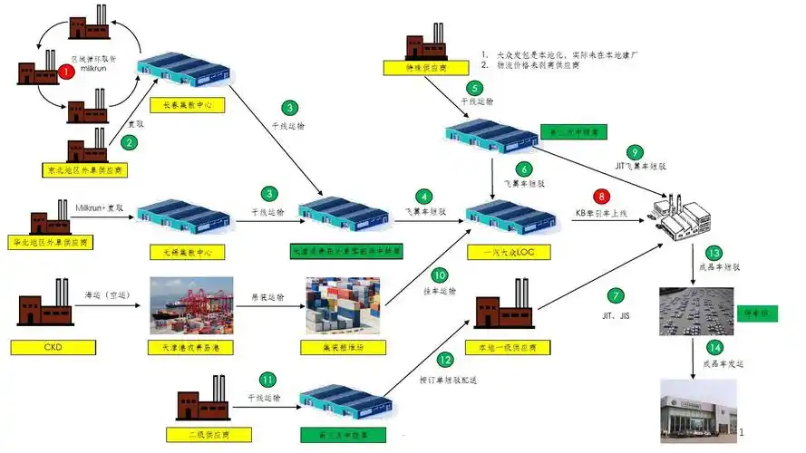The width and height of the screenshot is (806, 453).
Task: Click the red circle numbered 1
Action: pos(65,71)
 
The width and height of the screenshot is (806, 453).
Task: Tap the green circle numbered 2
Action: pos(129,141)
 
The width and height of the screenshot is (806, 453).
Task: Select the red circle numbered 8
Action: pos(600,196)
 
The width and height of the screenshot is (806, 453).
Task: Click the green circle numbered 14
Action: pos(714,348)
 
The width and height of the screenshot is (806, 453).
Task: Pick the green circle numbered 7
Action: pos(616,295)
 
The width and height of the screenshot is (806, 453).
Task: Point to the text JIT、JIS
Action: pos(617,320)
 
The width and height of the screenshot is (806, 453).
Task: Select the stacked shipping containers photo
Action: pos(342,306)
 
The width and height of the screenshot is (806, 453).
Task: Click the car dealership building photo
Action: pos(699,410)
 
